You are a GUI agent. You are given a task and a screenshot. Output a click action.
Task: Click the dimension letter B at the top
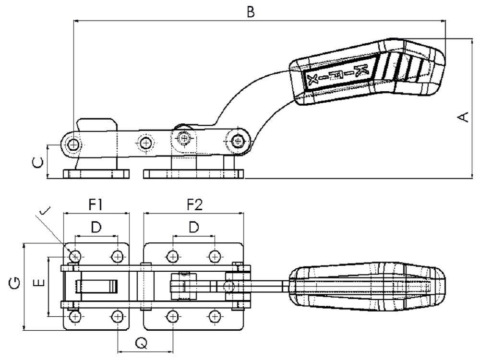tap(250, 12)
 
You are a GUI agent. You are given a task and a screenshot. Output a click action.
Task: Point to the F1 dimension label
tap(96, 205)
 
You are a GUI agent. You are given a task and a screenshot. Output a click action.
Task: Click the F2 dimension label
tap(194, 205)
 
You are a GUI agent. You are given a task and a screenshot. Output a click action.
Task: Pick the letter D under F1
tap(96, 227)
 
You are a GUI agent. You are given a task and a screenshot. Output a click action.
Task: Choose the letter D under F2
tap(194, 227)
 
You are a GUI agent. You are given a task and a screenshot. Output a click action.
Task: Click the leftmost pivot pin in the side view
tap(73, 144)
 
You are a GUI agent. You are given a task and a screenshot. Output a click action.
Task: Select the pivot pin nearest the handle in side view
tap(237, 141)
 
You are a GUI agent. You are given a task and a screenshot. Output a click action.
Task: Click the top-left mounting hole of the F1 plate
tap(75, 255)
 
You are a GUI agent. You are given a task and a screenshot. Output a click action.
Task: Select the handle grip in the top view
tap(367, 287)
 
